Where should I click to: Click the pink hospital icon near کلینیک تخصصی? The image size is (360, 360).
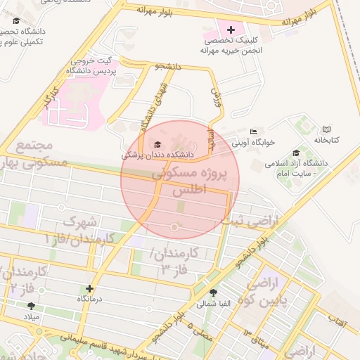(x=231, y=30)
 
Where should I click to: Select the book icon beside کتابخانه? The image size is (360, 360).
(x=326, y=129)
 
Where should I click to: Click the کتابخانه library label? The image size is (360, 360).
(x=326, y=140)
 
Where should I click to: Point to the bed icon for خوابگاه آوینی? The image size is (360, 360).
(x=254, y=131)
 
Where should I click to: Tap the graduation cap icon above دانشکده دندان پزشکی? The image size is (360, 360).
(x=156, y=144)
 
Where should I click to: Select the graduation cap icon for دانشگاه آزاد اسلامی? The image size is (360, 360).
(x=295, y=153)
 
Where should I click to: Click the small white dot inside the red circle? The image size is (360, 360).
(x=175, y=226)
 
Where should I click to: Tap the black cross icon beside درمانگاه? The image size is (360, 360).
(x=89, y=288)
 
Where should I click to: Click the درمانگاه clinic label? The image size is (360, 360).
(x=89, y=299)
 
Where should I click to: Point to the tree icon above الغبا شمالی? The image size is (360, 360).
(x=213, y=292)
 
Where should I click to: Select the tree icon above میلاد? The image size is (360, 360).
(x=31, y=306)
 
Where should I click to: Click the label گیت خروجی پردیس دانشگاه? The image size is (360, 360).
(x=90, y=65)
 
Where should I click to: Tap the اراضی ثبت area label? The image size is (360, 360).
(x=250, y=221)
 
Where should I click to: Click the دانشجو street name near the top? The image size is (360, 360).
(x=167, y=66)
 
